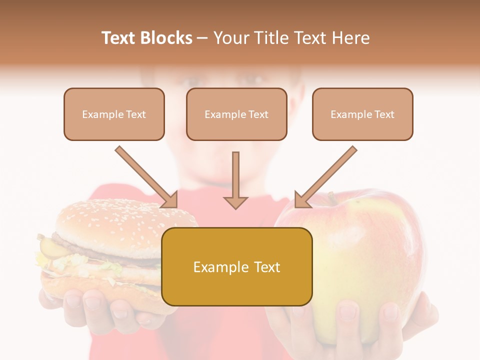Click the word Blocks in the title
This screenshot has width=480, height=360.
166,38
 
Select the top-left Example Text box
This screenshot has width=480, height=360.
114,114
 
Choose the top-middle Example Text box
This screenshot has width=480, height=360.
236,114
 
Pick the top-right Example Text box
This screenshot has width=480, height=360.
362,114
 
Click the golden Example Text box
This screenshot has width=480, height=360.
237,267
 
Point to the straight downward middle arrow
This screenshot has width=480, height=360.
235,180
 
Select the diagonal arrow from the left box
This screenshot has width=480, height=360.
146,177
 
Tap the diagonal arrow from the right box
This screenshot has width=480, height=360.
326,177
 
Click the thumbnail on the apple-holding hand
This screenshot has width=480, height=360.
347,312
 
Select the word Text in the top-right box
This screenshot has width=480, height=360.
384,114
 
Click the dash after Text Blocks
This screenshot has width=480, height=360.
202,38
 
